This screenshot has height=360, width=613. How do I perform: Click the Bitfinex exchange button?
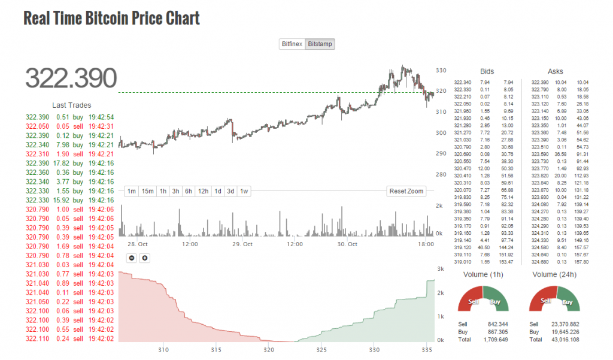[x=292, y=44]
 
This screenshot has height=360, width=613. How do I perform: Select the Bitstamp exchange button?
[x=320, y=44]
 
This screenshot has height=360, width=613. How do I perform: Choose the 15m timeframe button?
[x=147, y=191]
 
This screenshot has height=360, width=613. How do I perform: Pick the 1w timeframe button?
[x=244, y=191]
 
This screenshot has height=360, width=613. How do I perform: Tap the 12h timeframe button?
[x=203, y=191]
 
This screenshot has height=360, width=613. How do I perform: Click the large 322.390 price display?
[x=71, y=78]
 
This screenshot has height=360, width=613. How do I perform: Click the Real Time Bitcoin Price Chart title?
[x=111, y=18]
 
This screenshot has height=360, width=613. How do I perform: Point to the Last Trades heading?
[x=71, y=105]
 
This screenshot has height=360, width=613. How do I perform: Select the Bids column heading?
[x=487, y=71]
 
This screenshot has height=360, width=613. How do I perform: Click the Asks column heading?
[x=555, y=71]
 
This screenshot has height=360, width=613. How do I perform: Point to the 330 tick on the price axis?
[x=441, y=71]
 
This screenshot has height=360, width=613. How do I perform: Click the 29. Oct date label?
[x=243, y=244]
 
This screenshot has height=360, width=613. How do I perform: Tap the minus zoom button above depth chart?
[x=131, y=258]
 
